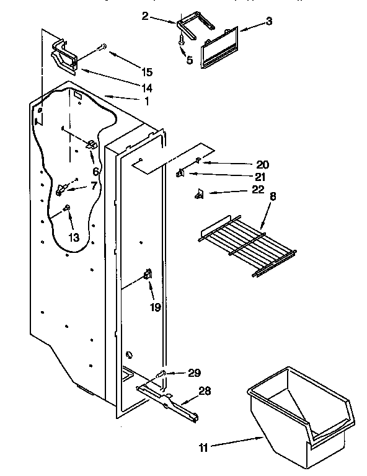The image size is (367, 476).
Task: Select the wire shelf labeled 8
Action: click(247, 242)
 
